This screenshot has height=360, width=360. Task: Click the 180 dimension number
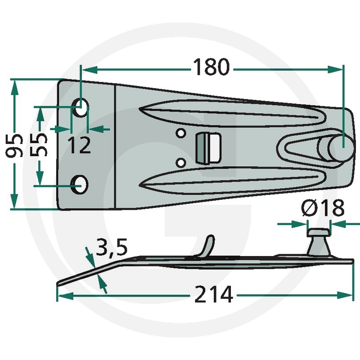click(211, 67)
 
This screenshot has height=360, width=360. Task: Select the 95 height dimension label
click(14, 145)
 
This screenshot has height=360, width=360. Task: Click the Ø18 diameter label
click(323, 207)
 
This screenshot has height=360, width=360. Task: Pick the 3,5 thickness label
click(112, 247)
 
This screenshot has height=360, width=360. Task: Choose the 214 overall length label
click(213, 294)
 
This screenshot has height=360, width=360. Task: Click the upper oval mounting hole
click(81, 108)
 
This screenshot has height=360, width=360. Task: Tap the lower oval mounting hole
click(80, 184)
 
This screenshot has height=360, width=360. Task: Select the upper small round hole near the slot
click(181, 133)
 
